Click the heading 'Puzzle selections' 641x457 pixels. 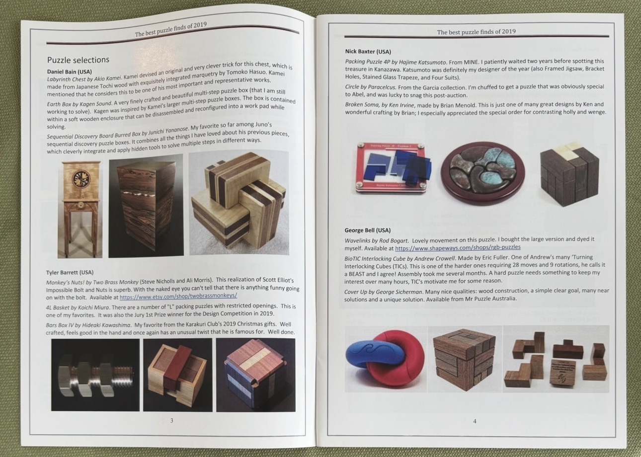pyautogui.click(x=78, y=60)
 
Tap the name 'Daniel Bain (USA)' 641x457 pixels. pyautogui.click(x=70, y=72)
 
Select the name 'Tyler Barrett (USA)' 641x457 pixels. pyautogui.click(x=70, y=272)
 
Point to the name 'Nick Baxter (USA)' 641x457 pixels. pyautogui.click(x=368, y=52)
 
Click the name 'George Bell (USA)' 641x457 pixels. pyautogui.click(x=367, y=230)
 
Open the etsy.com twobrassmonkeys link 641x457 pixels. pyautogui.click(x=178, y=296)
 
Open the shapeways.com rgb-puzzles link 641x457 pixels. pyautogui.click(x=458, y=247)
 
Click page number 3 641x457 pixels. pyautogui.click(x=172, y=420)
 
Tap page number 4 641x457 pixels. pyautogui.click(x=475, y=421)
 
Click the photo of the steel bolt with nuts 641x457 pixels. pyautogui.click(x=95, y=375)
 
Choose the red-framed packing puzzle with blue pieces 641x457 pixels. pyautogui.click(x=393, y=168)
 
